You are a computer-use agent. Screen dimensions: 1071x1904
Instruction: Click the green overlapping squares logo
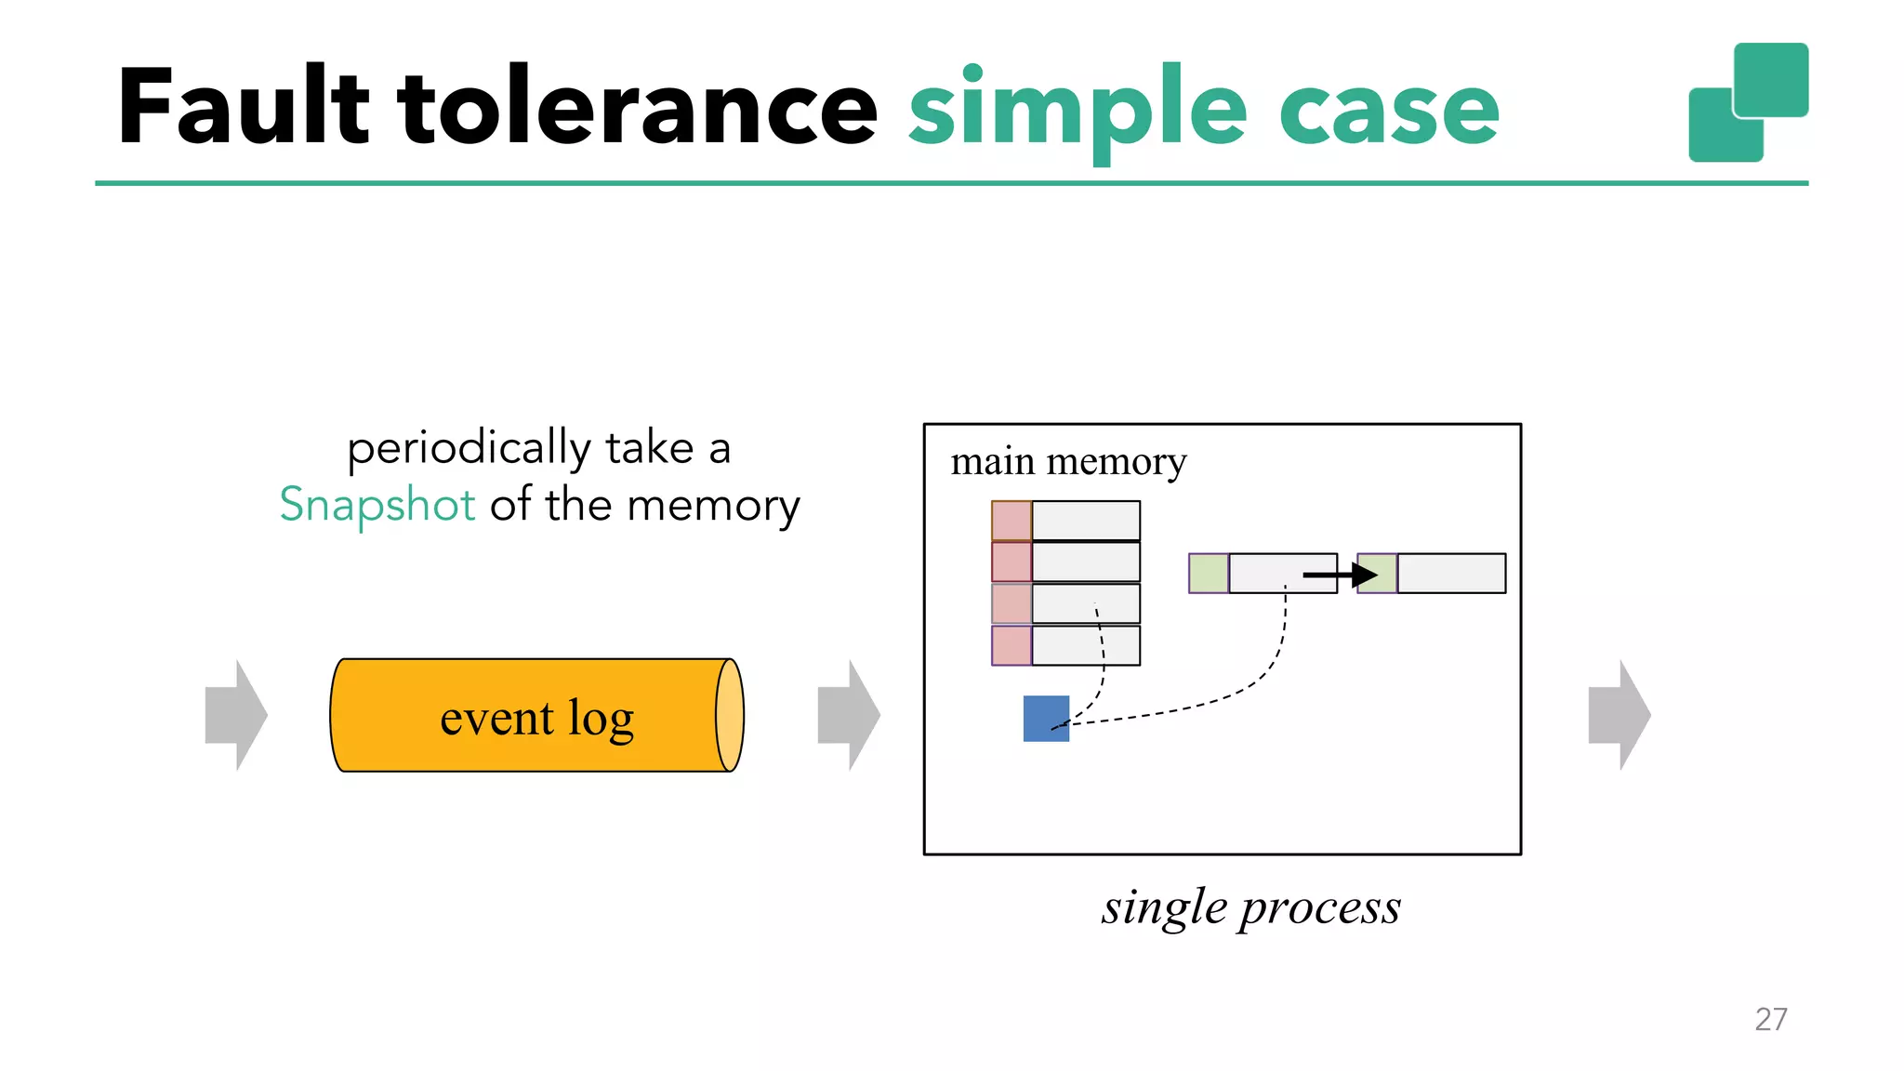tap(1748, 102)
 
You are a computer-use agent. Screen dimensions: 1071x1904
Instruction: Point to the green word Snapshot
tap(377, 505)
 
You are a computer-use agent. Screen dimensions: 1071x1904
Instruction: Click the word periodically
tap(469, 448)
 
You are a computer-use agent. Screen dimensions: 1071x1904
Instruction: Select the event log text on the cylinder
tap(536, 718)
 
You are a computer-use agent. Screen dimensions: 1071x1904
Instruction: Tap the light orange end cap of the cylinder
tap(730, 715)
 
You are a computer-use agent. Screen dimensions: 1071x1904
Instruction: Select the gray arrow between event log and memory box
tap(848, 715)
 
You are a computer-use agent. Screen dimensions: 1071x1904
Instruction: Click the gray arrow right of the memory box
tap(1619, 715)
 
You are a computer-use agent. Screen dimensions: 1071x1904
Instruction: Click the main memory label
tap(1068, 461)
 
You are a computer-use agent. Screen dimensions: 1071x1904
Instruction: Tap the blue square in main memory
tap(1046, 719)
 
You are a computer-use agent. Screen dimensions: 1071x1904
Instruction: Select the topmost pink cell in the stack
tap(1011, 521)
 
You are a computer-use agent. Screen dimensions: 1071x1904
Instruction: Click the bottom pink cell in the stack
tap(1011, 645)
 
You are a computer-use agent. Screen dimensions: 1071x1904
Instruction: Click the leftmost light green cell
tap(1208, 573)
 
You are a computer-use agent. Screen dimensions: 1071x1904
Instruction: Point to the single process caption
tap(1250, 907)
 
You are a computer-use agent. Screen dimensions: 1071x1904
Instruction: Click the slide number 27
tap(1770, 1019)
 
